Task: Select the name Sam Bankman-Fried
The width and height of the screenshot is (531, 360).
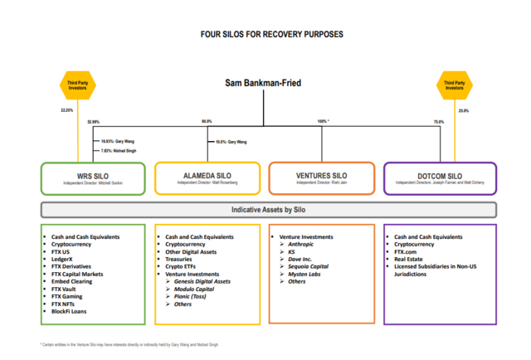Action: (x=265, y=83)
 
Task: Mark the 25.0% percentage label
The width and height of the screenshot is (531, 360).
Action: (x=463, y=110)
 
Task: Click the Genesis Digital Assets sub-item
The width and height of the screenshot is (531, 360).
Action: (x=203, y=281)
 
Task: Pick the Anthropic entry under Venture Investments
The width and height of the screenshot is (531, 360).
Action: (x=300, y=244)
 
